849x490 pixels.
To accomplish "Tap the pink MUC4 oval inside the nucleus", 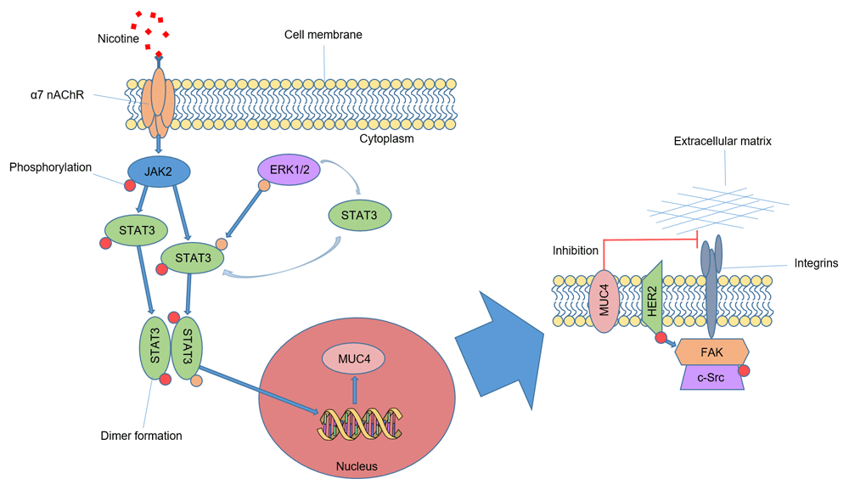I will click(352, 358).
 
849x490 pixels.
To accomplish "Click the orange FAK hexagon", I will click(711, 352).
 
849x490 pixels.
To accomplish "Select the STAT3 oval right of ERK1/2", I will click(361, 216).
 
